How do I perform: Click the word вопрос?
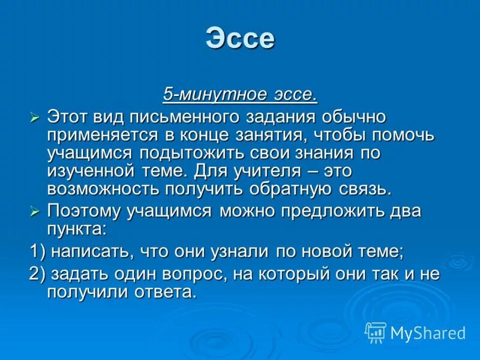click(175, 274)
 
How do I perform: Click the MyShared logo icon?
click(376, 332)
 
